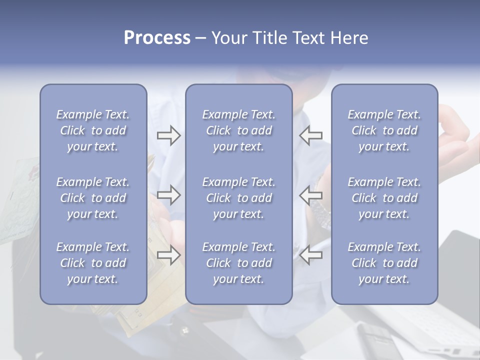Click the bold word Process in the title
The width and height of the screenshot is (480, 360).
157,38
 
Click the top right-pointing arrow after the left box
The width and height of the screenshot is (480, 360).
168,135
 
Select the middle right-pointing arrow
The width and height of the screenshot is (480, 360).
168,195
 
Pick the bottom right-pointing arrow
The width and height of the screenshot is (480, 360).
168,255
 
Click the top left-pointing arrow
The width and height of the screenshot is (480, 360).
311,135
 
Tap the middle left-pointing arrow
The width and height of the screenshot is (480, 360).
311,195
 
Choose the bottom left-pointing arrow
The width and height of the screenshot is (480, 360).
311,255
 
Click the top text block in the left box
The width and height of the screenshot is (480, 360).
93,130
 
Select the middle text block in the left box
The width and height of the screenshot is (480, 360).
93,198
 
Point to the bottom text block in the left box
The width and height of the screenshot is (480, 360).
93,263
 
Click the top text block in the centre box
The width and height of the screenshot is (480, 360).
238,130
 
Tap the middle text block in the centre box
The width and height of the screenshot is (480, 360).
238,198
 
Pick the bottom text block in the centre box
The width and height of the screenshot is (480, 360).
238,263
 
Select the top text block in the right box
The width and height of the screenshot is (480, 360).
384,130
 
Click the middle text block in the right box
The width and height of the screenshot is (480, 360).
384,198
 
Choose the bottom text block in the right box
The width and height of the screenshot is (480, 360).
384,263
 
